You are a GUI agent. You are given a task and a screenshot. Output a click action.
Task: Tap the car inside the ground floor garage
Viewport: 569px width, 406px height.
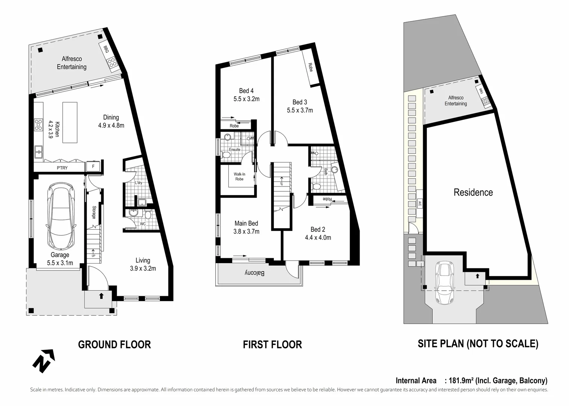pos(62,217)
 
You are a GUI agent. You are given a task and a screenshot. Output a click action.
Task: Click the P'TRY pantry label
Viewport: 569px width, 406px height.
pos(62,168)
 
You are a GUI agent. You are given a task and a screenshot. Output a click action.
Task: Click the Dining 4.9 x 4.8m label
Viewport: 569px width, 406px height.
pos(111,121)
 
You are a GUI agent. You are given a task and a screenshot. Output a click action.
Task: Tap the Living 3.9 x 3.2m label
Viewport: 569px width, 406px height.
pos(143,264)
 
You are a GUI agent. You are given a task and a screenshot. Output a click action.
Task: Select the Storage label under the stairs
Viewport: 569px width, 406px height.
pos(94,212)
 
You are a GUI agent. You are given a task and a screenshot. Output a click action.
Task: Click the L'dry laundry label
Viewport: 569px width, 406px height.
pos(138,183)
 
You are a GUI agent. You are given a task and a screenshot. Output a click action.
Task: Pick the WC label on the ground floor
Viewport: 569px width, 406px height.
pos(143,224)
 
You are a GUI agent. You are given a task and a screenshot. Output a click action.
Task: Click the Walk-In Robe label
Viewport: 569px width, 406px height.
pos(239,176)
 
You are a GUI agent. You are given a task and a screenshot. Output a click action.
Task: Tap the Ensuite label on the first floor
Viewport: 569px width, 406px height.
pos(234,150)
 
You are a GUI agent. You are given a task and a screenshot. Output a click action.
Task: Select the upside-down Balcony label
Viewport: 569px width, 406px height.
pos(255,273)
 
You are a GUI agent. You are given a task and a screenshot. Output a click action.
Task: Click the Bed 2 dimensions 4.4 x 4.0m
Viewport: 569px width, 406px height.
pos(318,238)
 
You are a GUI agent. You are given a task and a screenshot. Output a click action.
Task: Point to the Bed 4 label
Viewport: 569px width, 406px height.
pos(246,91)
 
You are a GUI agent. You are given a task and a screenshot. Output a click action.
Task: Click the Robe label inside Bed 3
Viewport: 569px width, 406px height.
pos(310,67)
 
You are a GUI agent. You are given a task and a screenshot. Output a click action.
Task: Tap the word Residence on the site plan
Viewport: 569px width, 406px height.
pos(473,192)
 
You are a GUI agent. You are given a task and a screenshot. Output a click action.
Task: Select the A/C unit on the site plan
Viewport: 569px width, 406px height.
pos(419,204)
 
